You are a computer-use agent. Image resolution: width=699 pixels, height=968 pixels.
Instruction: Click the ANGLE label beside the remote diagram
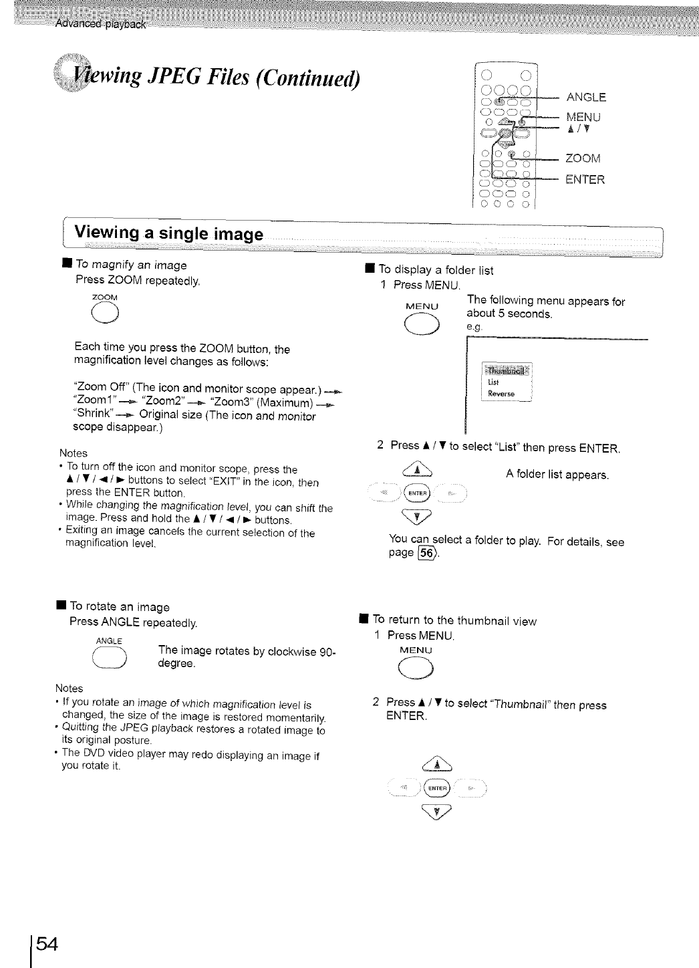pyautogui.click(x=586, y=97)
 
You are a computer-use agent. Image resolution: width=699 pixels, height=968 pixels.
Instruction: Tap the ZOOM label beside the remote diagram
pyautogui.click(x=583, y=158)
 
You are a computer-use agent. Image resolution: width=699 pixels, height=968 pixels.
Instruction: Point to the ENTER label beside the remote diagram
pyautogui.click(x=585, y=179)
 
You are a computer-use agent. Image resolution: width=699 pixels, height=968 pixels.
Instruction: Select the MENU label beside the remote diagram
pyautogui.click(x=583, y=117)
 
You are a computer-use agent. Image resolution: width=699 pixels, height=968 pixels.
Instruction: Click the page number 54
pyautogui.click(x=47, y=944)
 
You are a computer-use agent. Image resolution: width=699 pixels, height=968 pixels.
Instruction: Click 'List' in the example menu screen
pyautogui.click(x=493, y=382)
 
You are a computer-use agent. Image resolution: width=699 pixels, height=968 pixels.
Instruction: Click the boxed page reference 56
pyautogui.click(x=426, y=553)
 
